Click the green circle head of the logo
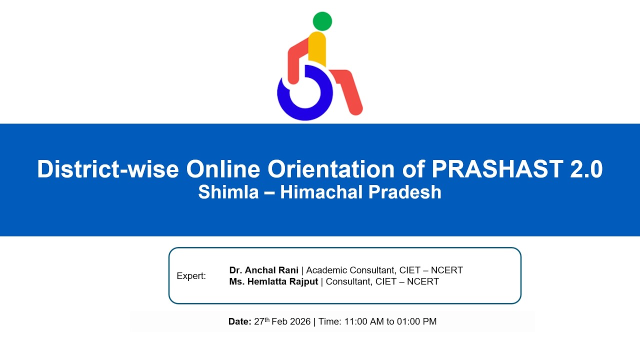tap(322, 21)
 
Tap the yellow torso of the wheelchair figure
tap(317, 49)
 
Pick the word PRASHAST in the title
tap(488, 169)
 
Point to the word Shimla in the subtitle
tap(227, 192)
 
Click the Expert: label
tap(191, 276)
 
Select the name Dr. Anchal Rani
tap(264, 270)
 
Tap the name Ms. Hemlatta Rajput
tap(273, 281)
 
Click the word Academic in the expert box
tap(326, 270)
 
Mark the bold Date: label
tap(240, 321)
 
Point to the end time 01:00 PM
tap(416, 321)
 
